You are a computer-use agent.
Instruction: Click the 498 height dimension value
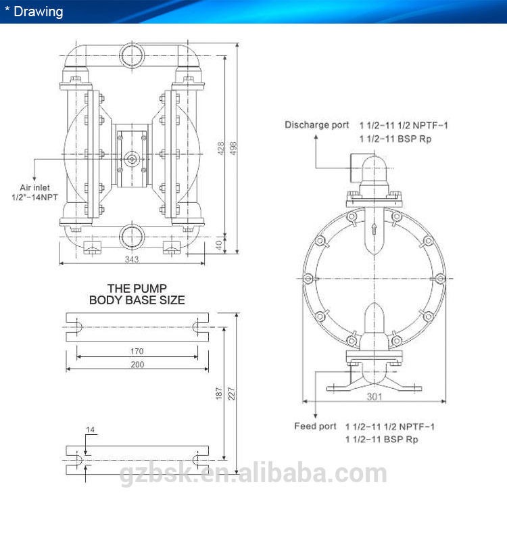coord(233,148)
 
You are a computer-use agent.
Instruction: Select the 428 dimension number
coord(221,148)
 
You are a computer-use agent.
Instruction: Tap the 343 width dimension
coord(132,259)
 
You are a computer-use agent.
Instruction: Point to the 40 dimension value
coord(218,245)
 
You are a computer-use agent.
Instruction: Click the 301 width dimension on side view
coord(375,397)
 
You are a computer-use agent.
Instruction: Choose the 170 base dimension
coord(137,351)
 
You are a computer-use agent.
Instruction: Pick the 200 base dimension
coord(137,364)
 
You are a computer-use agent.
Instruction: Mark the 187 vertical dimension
coord(218,394)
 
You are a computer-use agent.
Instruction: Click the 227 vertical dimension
coord(231,394)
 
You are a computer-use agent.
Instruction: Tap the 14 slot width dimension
coord(90,429)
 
